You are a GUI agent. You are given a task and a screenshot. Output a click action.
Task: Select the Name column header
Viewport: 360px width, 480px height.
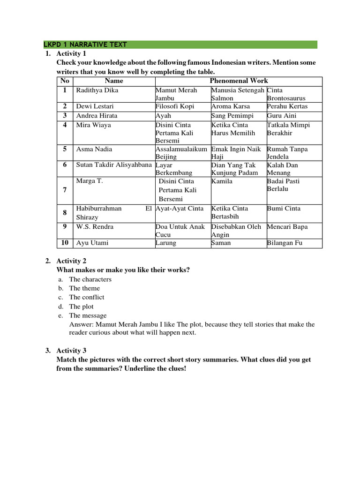[114, 81]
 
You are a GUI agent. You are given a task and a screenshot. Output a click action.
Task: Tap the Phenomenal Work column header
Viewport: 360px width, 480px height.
[239, 81]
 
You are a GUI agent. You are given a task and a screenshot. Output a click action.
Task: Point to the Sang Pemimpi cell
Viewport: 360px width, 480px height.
[232, 116]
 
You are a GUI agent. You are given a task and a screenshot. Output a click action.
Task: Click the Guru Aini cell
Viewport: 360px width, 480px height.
[282, 116]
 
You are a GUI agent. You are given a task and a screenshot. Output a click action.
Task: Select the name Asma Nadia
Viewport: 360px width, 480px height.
[91, 149]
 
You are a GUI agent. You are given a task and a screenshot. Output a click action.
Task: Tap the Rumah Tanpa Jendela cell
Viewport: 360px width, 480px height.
[287, 153]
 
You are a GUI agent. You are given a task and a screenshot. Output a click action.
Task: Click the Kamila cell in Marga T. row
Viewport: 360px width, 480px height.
[222, 181]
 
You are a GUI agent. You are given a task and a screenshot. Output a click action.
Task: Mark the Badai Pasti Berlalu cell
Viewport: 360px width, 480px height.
[283, 185]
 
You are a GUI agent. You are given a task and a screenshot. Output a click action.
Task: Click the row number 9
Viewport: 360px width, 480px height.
[65, 227]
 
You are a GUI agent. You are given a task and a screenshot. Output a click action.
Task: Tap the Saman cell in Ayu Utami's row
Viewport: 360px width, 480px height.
[221, 243]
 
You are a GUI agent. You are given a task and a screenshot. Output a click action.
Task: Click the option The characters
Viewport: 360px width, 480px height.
[90, 279]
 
